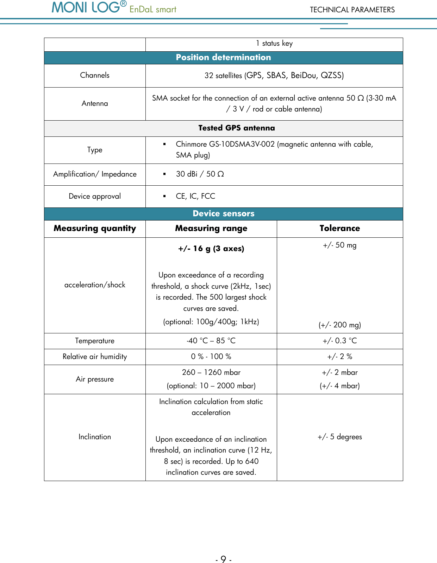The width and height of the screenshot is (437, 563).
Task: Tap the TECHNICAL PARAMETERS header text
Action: [x=352, y=10]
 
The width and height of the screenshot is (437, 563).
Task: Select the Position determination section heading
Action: [x=223, y=58]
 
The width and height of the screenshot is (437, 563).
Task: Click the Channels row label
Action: [x=95, y=75]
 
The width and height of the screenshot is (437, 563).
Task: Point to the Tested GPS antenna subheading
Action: [x=236, y=128]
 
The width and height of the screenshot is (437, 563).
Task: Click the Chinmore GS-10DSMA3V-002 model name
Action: [x=225, y=144]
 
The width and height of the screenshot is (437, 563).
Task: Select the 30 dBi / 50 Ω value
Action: [x=200, y=174]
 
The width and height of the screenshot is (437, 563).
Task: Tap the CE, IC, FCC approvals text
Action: [x=195, y=196]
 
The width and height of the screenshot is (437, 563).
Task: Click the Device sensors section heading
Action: [x=223, y=214]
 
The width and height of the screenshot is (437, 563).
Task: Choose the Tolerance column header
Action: [x=339, y=229]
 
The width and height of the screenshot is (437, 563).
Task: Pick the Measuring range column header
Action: [x=211, y=229]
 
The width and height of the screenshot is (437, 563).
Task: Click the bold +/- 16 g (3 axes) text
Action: [x=211, y=249]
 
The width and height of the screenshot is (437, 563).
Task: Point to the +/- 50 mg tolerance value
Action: [x=339, y=245]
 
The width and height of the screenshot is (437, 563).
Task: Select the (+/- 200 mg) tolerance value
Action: [x=339, y=325]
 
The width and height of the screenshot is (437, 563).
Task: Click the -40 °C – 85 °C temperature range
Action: [x=211, y=341]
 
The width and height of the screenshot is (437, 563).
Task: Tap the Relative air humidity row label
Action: [x=95, y=357]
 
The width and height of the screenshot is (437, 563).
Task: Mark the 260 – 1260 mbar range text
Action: [x=211, y=372]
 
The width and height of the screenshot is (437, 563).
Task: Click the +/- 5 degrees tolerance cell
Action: [x=339, y=437]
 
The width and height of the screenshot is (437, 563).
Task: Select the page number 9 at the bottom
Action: [x=223, y=559]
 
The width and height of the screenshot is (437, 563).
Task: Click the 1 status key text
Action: [x=274, y=43]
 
